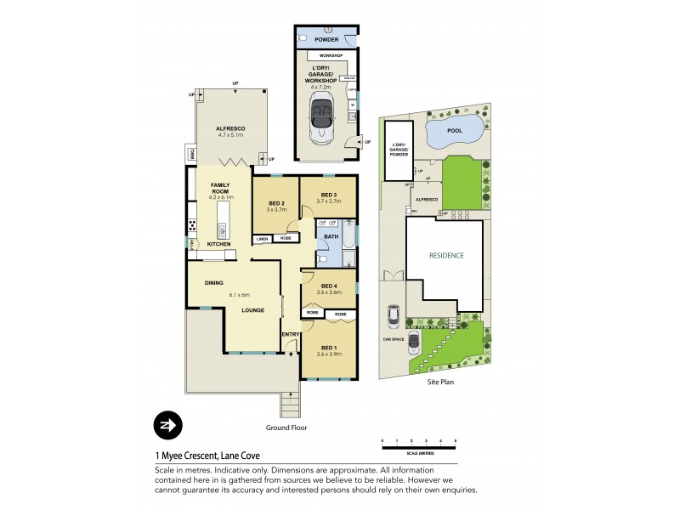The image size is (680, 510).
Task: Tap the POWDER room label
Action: point(326,39)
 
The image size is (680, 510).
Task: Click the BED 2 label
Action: point(275,203)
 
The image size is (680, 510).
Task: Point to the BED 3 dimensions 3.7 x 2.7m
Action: point(327,201)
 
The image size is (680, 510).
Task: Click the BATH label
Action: point(331,235)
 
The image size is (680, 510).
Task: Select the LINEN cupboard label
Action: point(262,240)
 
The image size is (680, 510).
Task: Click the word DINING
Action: point(213,284)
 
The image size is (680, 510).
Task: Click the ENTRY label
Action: point(290,334)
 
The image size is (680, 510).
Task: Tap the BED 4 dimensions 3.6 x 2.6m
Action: point(329,292)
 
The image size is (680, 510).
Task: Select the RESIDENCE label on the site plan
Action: point(446,254)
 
